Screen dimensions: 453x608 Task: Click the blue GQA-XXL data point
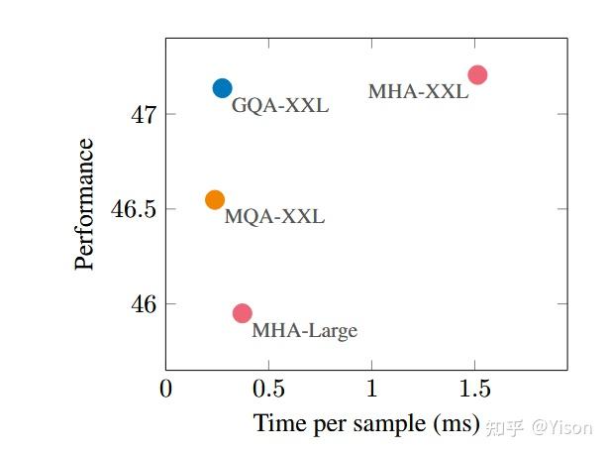click(222, 88)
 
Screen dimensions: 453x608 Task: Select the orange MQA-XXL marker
click(215, 199)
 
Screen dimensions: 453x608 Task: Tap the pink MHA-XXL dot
click(477, 75)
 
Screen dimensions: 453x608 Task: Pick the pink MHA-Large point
click(242, 313)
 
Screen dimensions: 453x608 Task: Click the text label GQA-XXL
click(279, 106)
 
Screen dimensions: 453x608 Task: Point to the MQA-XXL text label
click(274, 217)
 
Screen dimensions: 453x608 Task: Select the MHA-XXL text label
click(417, 92)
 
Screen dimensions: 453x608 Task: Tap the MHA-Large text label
click(304, 331)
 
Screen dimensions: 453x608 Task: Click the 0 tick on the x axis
click(165, 388)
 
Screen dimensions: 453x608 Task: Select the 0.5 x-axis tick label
click(267, 388)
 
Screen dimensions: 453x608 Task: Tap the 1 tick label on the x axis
click(370, 388)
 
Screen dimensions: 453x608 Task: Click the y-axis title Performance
click(85, 204)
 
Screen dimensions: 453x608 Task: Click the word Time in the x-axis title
click(274, 423)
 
